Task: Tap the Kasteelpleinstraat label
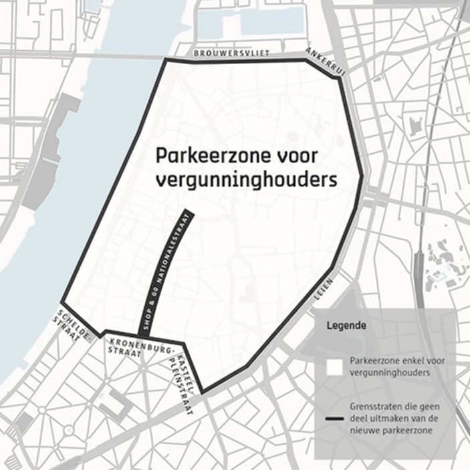pos(179,377)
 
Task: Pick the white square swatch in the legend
pos(334,366)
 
